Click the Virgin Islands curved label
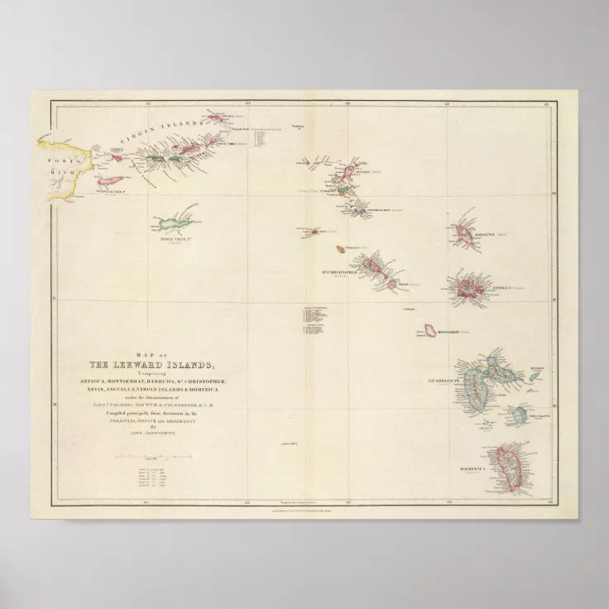(157, 132)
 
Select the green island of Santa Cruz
(177, 224)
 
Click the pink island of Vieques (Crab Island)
(110, 180)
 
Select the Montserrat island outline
(430, 330)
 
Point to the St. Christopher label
(338, 271)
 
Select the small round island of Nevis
(391, 284)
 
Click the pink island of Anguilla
(348, 171)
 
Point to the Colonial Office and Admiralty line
(156, 420)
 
